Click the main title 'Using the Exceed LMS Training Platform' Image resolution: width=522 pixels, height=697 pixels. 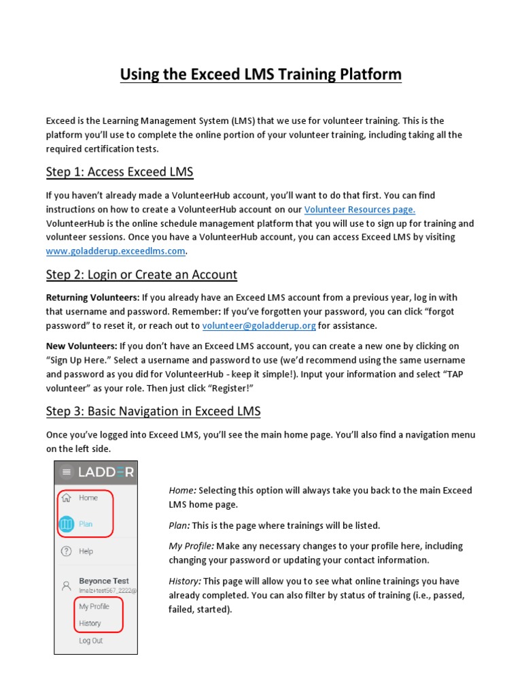tap(260, 74)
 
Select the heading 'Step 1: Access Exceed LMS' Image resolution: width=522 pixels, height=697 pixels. tap(120, 172)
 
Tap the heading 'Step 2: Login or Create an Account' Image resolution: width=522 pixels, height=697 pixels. tap(141, 275)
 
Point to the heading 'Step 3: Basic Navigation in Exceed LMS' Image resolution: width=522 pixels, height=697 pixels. tap(153, 411)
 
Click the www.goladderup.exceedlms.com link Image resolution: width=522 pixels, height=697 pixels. tap(116, 250)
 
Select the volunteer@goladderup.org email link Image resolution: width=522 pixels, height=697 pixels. tap(259, 325)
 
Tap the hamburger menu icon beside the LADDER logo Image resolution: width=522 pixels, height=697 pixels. tap(66, 472)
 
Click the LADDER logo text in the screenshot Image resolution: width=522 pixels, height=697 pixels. tap(105, 472)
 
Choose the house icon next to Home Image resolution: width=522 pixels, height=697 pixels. tap(66, 498)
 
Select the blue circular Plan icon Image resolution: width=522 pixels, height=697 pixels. tap(66, 524)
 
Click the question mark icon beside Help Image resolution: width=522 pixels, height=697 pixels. tap(66, 551)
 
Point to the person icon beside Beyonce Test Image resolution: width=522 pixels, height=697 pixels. tap(66, 585)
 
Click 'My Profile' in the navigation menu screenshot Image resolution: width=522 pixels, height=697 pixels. tap(94, 606)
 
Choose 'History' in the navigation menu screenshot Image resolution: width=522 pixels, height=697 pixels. tap(90, 623)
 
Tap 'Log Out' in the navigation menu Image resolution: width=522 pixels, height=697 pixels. tap(91, 641)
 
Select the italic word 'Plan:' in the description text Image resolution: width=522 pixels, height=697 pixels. tap(179, 525)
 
